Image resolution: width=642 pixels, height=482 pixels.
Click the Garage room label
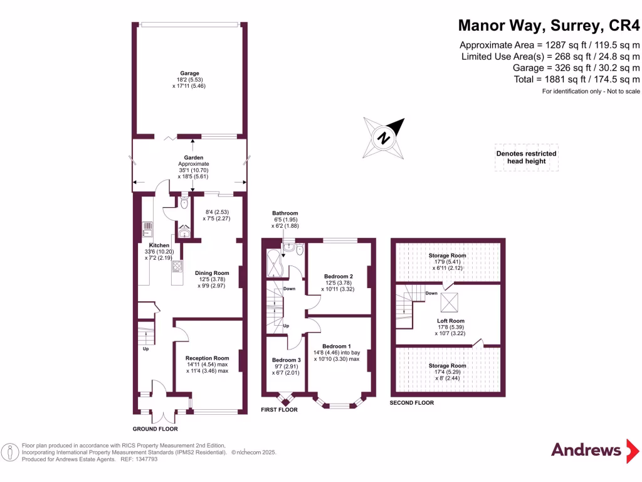pyautogui.click(x=189, y=73)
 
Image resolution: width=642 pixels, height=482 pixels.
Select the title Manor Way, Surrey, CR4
pyautogui.click(x=550, y=25)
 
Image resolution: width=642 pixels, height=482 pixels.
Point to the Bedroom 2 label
pyautogui.click(x=338, y=276)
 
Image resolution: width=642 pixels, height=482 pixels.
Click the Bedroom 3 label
pyautogui.click(x=285, y=360)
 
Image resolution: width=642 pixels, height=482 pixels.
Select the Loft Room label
pyautogui.click(x=451, y=321)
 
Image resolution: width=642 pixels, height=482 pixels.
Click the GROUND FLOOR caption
pyautogui.click(x=155, y=429)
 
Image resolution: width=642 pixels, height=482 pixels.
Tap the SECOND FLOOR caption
pyautogui.click(x=411, y=402)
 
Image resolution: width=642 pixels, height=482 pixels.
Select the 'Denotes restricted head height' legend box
pyautogui.click(x=526, y=158)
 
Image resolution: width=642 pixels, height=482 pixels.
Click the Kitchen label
pyautogui.click(x=159, y=245)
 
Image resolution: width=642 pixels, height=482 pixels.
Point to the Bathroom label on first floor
pyautogui.click(x=285, y=213)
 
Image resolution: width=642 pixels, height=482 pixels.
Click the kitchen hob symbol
pyautogui.click(x=176, y=267)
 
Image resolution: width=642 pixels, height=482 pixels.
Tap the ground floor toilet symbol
pyautogui.click(x=184, y=203)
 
